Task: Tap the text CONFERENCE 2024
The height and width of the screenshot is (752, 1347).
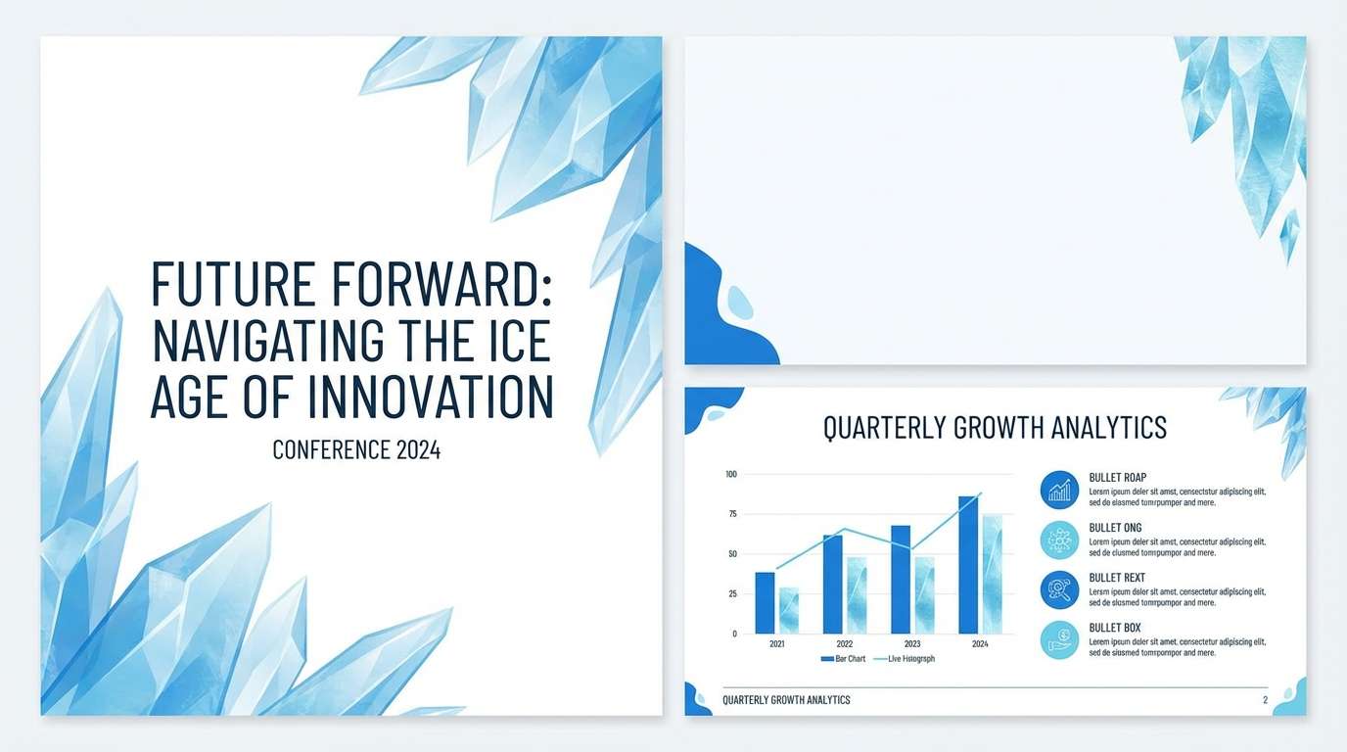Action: (356, 450)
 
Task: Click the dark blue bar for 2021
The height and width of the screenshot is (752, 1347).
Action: (765, 603)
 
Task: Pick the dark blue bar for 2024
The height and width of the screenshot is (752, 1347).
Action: (968, 565)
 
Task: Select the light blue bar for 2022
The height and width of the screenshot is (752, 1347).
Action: (857, 595)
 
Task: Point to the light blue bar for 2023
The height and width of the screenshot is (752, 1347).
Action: (924, 595)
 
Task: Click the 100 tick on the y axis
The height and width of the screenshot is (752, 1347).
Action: (730, 474)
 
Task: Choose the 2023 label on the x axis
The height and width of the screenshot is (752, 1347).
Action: (912, 644)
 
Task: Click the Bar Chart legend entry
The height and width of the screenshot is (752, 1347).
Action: (843, 659)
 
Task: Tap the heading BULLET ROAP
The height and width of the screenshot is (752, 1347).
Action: (1117, 478)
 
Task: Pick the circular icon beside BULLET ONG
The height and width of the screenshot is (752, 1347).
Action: (1059, 540)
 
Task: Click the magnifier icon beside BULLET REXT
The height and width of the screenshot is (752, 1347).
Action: (1059, 589)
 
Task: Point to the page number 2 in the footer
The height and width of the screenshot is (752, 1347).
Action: (1265, 700)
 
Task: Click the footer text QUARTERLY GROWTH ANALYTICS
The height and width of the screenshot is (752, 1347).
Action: (786, 700)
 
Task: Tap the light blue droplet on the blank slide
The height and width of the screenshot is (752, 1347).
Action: (741, 304)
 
